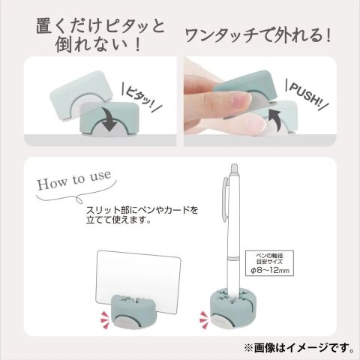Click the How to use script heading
click(x=74, y=180)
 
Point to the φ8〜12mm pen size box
click(x=269, y=263)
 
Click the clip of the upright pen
click(x=226, y=199)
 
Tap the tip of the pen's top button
click(x=234, y=164)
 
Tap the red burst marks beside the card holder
click(x=105, y=318)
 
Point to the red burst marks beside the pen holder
click(x=204, y=319)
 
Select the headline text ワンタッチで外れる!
click(x=258, y=36)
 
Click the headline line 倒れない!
click(x=98, y=45)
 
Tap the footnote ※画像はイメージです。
click(x=299, y=348)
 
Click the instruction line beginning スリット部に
click(x=142, y=210)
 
